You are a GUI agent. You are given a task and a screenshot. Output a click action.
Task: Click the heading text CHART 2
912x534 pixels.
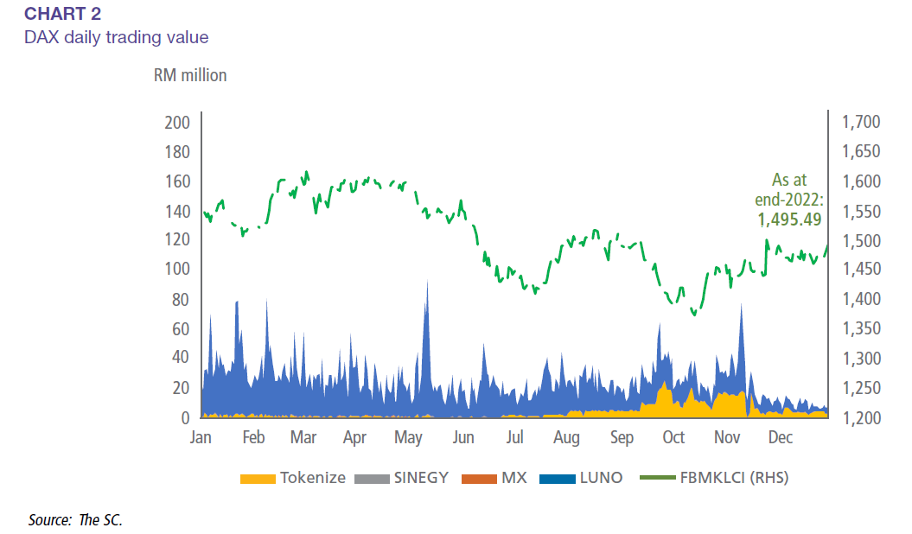coord(63,13)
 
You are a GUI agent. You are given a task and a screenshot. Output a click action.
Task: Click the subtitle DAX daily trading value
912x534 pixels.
coord(116,37)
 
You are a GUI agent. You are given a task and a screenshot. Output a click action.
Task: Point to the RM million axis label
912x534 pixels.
coord(189,75)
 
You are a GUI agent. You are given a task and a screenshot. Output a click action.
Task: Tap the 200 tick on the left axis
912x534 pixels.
coord(176,123)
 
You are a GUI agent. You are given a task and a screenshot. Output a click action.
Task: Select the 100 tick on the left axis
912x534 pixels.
coord(176,270)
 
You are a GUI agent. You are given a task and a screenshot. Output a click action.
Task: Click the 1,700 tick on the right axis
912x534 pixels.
coord(860,123)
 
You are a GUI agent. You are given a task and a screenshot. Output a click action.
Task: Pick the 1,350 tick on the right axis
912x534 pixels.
coord(860,328)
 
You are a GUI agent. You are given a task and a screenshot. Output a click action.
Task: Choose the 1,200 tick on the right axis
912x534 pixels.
coord(860,417)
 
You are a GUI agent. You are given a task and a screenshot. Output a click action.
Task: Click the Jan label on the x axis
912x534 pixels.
coord(201,437)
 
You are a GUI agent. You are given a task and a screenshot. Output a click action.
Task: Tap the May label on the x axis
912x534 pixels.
coord(408,437)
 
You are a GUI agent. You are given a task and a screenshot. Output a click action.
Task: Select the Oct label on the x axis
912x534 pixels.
coord(673,437)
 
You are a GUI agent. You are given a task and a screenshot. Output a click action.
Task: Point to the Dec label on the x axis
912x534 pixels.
coord(781,437)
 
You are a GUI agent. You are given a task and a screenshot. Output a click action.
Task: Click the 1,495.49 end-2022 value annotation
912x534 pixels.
coord(789,219)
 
